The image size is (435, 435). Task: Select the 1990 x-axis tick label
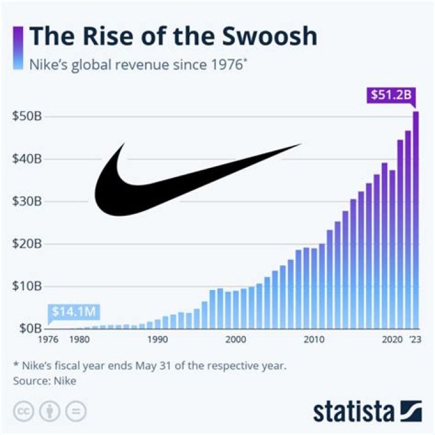coord(157,340)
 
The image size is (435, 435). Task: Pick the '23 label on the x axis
coord(416,340)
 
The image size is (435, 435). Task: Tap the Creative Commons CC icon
coord(22,411)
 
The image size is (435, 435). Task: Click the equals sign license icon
coord(76,411)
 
